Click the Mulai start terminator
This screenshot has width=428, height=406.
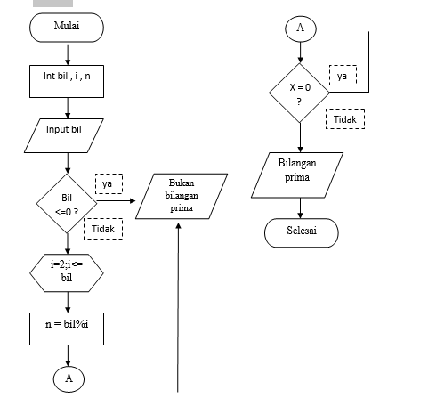click(67, 27)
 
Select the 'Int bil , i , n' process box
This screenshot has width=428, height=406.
click(67, 77)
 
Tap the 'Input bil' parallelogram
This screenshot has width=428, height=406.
click(69, 130)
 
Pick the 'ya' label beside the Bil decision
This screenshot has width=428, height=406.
click(107, 184)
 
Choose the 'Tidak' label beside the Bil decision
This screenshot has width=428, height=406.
click(103, 230)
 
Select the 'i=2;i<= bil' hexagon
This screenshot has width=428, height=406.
click(67, 270)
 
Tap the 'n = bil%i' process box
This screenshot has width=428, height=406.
click(67, 326)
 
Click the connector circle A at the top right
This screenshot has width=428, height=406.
click(300, 28)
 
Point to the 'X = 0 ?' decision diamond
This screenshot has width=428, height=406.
click(300, 92)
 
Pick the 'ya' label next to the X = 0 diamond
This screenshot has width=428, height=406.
click(342, 76)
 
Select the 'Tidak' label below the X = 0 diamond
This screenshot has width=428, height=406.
click(344, 118)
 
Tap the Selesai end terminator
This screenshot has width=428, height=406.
click(301, 231)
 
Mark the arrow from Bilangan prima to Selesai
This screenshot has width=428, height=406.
click(300, 207)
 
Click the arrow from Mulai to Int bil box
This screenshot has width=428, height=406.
click(67, 51)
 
